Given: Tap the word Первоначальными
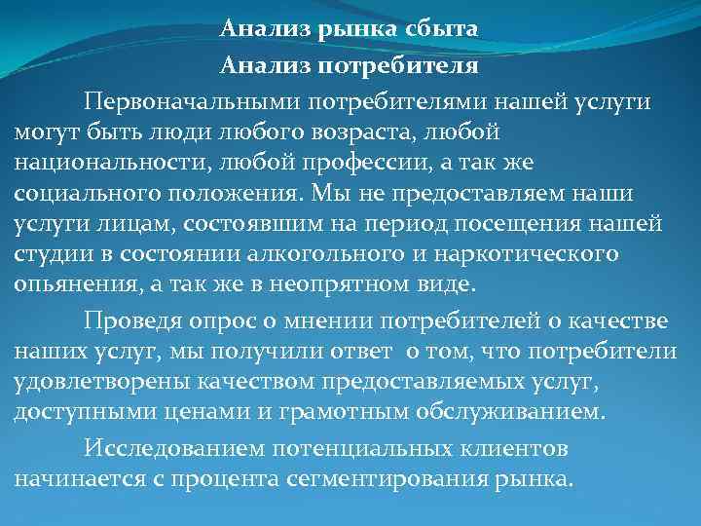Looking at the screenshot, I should click(x=191, y=102).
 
